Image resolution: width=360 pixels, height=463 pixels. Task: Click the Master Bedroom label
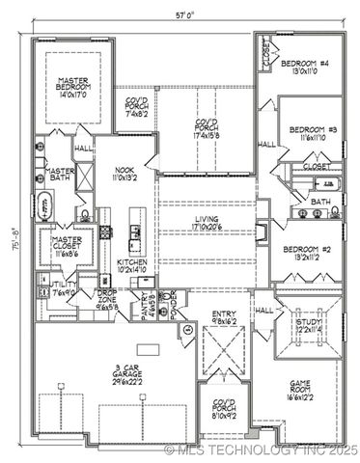[72, 90]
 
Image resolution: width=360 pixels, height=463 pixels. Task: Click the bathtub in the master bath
[47, 208]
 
